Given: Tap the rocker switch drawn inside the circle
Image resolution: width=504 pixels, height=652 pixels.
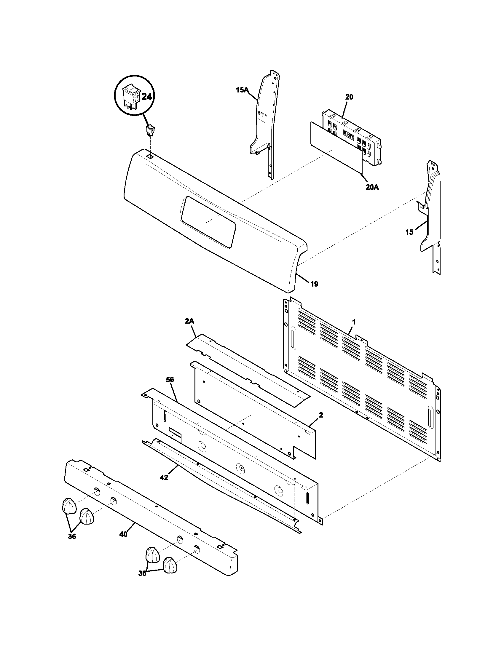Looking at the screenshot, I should coord(132,97).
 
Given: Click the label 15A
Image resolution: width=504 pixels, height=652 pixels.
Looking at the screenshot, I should coord(242,90).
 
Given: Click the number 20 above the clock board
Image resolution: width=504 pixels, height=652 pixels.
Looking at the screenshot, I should coord(349,97).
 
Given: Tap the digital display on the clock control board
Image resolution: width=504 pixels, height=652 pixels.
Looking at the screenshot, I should coord(349,135).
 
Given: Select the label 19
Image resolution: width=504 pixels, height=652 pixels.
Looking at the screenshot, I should coord(314,284).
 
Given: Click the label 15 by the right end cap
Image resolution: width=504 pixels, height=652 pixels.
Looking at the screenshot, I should coord(409,232).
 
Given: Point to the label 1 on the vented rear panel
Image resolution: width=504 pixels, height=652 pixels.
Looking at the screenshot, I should coord(354,322).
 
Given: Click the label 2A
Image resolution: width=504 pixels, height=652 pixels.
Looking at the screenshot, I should coord(189,321).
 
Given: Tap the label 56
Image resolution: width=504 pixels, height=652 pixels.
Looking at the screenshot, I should coord(170,380).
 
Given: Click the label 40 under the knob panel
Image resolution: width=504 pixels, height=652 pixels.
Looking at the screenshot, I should coord(123,534).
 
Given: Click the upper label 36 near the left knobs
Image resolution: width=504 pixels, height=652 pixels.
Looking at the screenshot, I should coord(72,536).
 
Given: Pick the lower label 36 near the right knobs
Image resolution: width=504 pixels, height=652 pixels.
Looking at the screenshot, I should coord(142,581).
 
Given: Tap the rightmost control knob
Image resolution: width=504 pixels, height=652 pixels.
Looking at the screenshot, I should coord(170,565).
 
